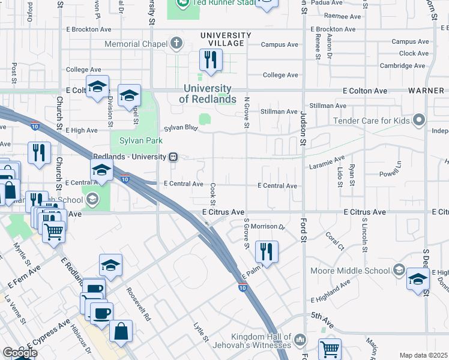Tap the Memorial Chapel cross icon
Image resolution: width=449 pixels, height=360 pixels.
coord(176,44)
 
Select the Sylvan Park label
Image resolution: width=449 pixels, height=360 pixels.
coord(142,140)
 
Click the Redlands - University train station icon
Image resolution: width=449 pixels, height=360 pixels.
coord(173,157)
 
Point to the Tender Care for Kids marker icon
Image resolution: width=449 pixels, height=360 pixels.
coord(420,121)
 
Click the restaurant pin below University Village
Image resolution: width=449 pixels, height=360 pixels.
coord(211,61)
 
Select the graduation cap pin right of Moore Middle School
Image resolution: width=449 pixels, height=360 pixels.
coord(418,280)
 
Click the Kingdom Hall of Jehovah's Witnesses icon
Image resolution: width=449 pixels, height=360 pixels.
coord(301,340)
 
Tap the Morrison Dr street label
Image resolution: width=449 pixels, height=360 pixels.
coord(267,227)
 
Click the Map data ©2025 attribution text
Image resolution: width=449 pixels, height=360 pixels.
coord(423,355)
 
